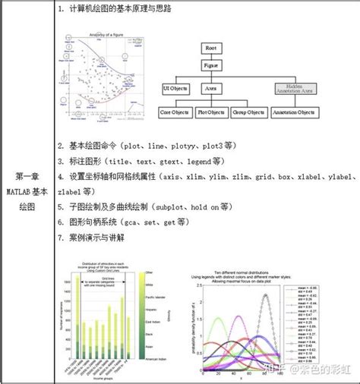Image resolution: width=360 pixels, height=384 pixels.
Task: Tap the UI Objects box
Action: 175,89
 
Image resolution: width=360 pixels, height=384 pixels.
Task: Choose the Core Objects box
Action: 175,112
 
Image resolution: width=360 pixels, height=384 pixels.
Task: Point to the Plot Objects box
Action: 212,112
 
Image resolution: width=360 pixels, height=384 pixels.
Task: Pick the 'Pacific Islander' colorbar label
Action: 153,295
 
